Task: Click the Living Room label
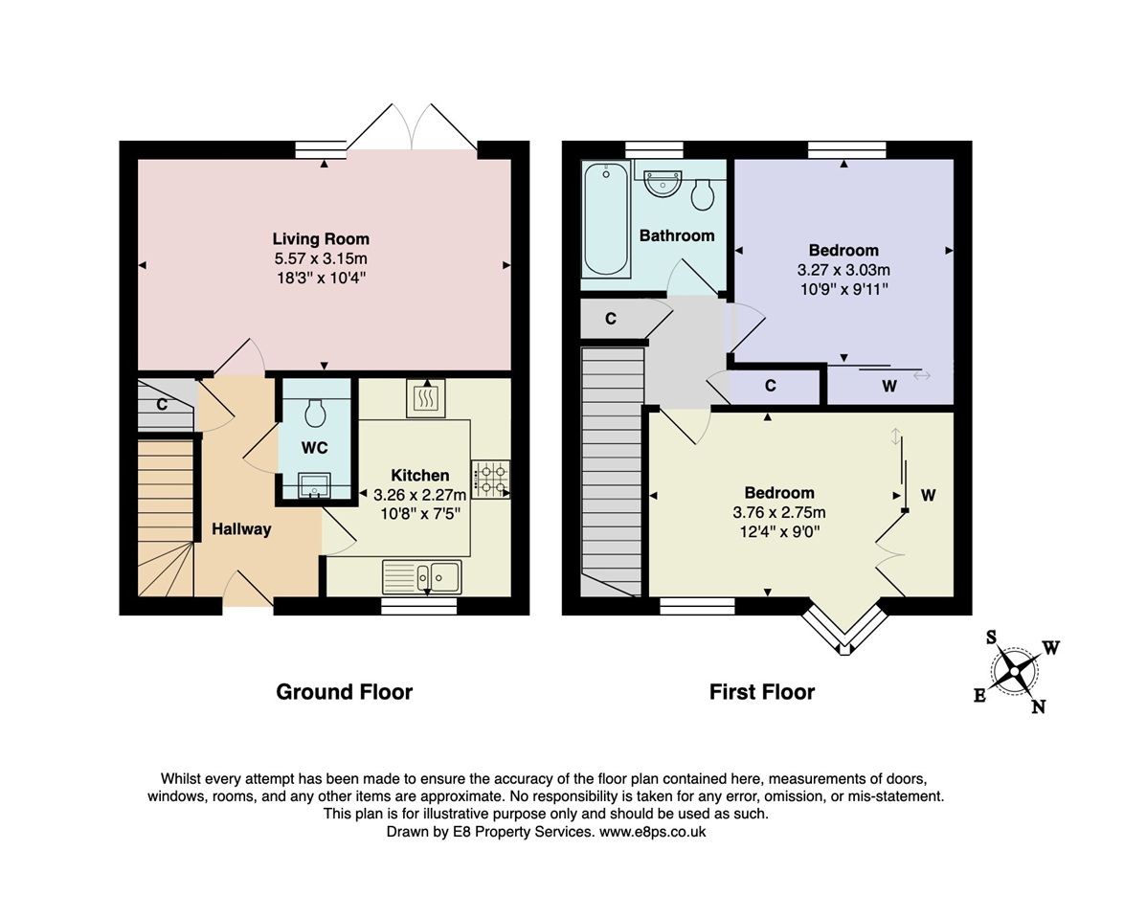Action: pyautogui.click(x=321, y=238)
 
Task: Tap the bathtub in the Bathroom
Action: pyautogui.click(x=606, y=219)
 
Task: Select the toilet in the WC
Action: pyautogui.click(x=315, y=414)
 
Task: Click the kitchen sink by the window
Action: pyautogui.click(x=421, y=576)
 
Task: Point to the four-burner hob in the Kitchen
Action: pyautogui.click(x=490, y=480)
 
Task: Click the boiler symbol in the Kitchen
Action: pyautogui.click(x=426, y=398)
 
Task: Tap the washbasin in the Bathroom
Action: pyautogui.click(x=663, y=183)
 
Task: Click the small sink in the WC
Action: pyautogui.click(x=314, y=485)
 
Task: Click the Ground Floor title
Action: pyautogui.click(x=344, y=692)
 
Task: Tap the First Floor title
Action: pyautogui.click(x=762, y=692)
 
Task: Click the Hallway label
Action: pyautogui.click(x=241, y=529)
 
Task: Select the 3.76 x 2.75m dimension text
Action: pyautogui.click(x=779, y=512)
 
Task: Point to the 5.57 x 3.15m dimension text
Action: pyautogui.click(x=321, y=258)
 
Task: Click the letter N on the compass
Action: pyautogui.click(x=1038, y=707)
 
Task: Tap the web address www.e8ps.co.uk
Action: pyautogui.click(x=652, y=832)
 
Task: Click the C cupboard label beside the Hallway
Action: pyautogui.click(x=162, y=405)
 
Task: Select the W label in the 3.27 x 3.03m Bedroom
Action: pyautogui.click(x=889, y=386)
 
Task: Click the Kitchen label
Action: pyautogui.click(x=420, y=475)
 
